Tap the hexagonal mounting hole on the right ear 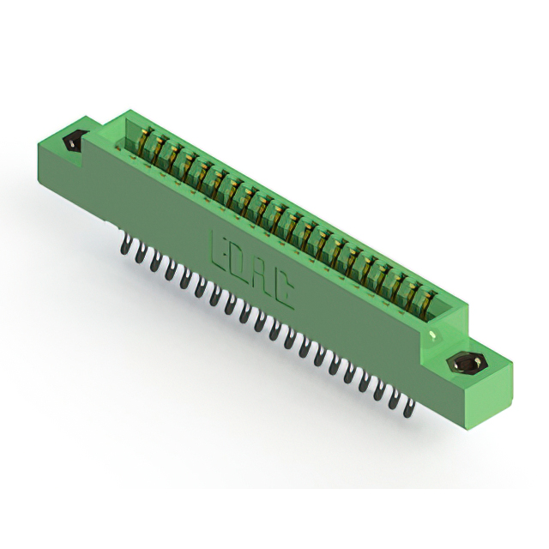pos(467,364)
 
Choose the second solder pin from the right pos(393,401)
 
